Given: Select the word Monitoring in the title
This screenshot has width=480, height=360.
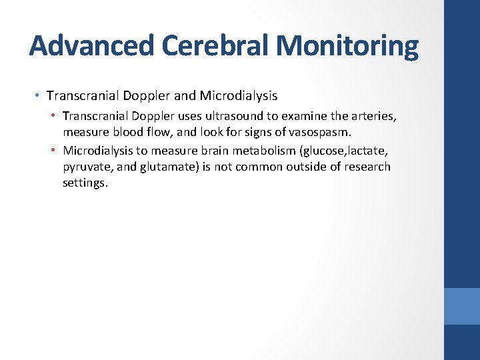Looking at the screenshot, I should (x=347, y=47).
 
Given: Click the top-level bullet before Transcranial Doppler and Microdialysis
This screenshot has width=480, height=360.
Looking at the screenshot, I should (x=37, y=97).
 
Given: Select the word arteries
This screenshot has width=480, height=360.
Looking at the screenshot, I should (x=374, y=117).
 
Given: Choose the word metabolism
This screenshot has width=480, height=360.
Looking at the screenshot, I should (x=262, y=151).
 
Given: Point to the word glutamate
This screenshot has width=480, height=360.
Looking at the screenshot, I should (x=167, y=167).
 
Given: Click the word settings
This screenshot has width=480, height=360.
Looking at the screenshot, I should (x=84, y=183).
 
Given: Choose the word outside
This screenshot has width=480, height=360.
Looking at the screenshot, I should (x=305, y=167).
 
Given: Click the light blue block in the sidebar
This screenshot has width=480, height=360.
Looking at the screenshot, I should (x=462, y=306).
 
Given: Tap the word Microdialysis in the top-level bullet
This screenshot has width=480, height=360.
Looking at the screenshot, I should (x=238, y=97).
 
